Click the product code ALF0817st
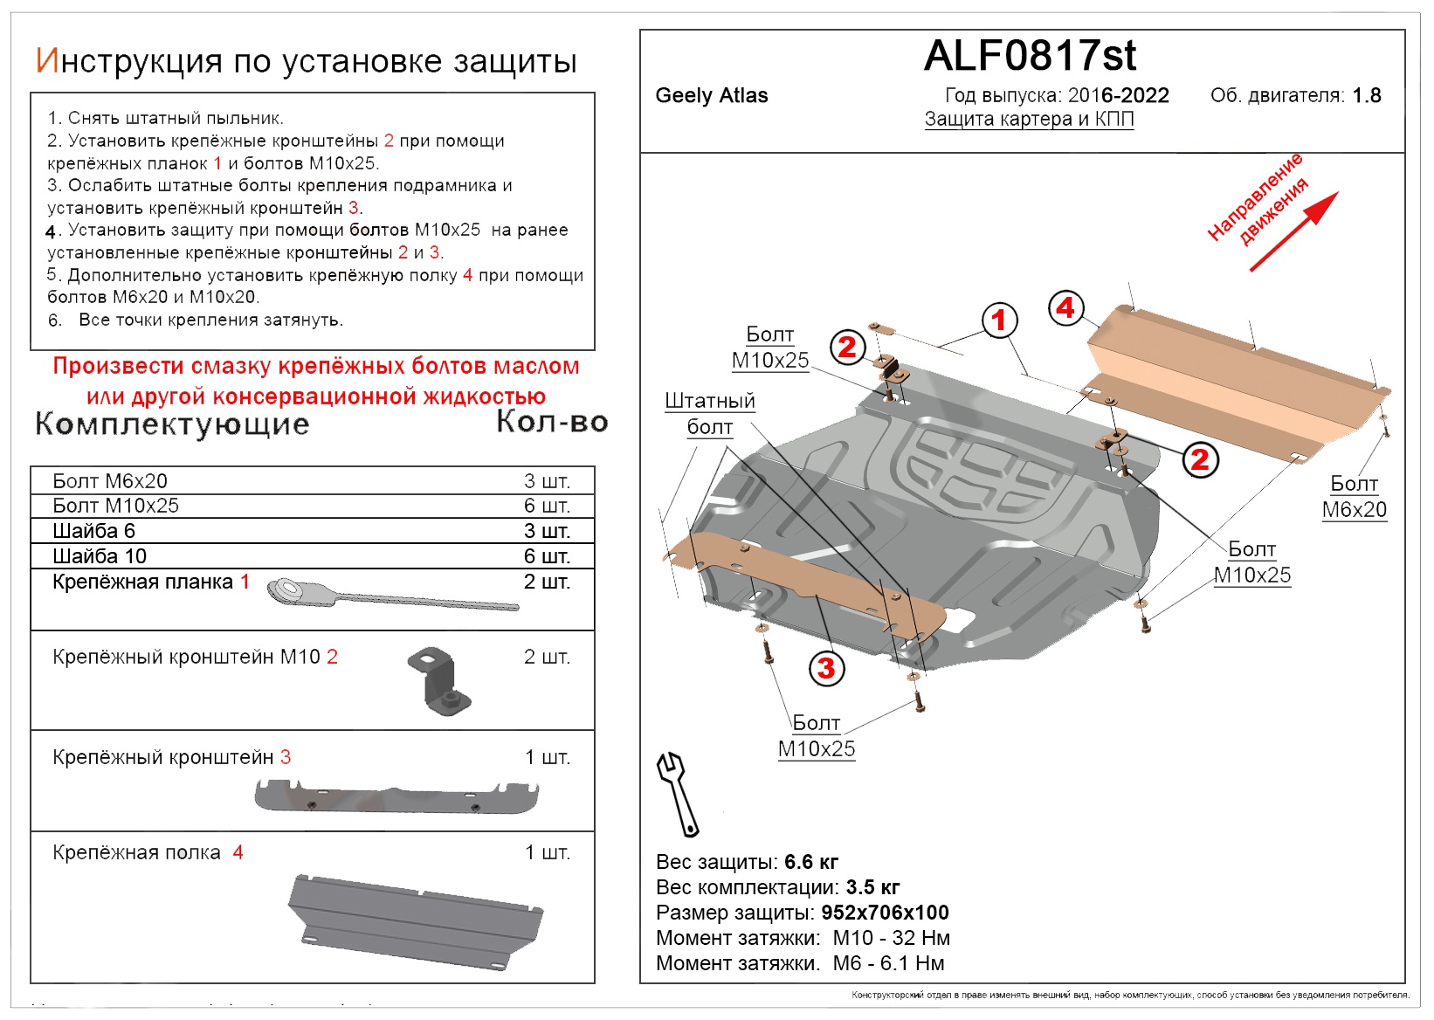coord(1030,56)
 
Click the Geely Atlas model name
coord(712,96)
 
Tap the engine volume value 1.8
coord(1366,96)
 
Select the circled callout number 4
coord(1065,308)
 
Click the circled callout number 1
coord(999,320)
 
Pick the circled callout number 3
coord(826,669)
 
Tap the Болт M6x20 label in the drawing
coord(1354,497)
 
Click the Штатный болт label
coord(709,414)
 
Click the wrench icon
coord(677,793)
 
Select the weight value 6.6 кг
coord(811,862)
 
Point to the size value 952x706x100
coord(885,913)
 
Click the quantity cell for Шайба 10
coord(547,556)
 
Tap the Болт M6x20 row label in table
coord(110,481)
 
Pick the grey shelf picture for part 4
coord(415,920)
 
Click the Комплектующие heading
coord(172,424)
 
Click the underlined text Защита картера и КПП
coord(1029,120)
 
